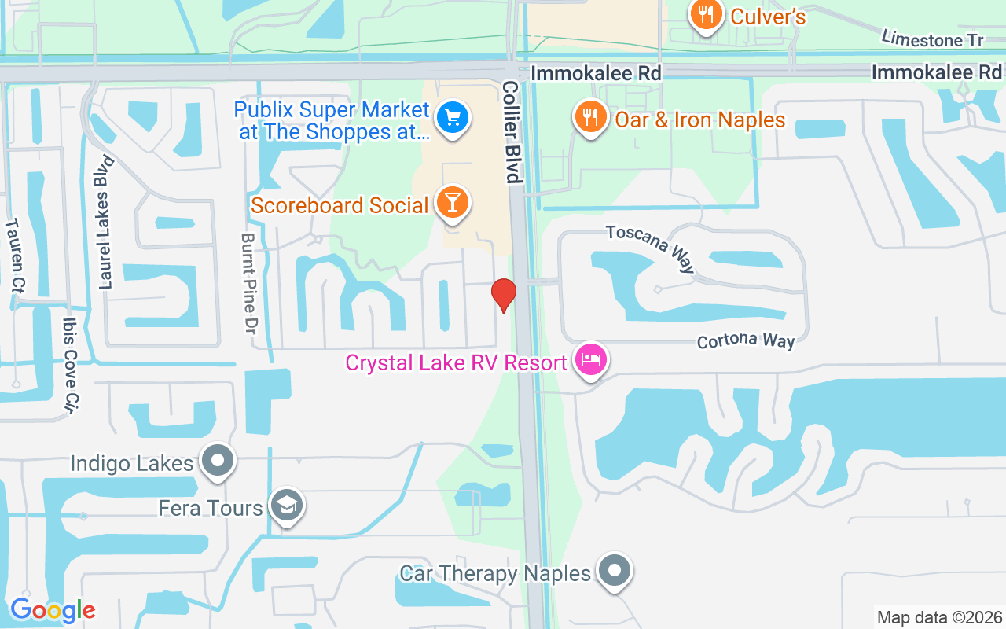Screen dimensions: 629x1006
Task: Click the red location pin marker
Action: click(x=503, y=295)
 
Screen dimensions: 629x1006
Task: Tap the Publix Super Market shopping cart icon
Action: click(x=453, y=118)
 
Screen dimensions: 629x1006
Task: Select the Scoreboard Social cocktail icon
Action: click(x=453, y=203)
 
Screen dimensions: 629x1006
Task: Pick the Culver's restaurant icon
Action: click(x=707, y=15)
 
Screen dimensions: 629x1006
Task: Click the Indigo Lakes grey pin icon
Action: click(x=218, y=461)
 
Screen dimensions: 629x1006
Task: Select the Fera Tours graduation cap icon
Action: click(x=286, y=507)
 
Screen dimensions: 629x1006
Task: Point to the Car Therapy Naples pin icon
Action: click(x=615, y=572)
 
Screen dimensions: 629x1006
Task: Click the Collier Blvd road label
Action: click(x=512, y=131)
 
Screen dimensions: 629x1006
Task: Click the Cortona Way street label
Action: click(x=746, y=340)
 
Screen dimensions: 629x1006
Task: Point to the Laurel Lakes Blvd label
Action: click(x=106, y=223)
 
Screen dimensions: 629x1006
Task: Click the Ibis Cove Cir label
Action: click(x=72, y=366)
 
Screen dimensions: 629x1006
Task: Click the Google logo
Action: click(x=53, y=610)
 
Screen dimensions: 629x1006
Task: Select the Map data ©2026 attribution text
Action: click(x=940, y=617)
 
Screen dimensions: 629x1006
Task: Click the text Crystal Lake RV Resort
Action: click(x=457, y=363)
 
